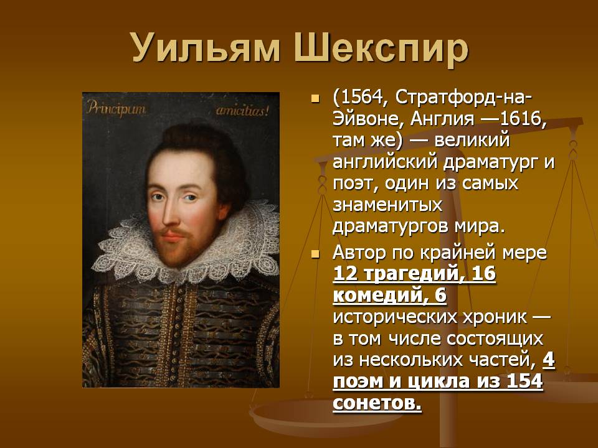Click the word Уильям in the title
tap(206, 48)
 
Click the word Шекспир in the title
tap(381, 49)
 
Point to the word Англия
tap(442, 120)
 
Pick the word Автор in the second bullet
tap(359, 253)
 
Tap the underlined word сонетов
tap(377, 403)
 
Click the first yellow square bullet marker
tap(315, 99)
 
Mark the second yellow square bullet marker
tap(315, 254)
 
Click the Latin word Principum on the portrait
tap(116, 108)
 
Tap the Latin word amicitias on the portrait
tap(242, 111)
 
